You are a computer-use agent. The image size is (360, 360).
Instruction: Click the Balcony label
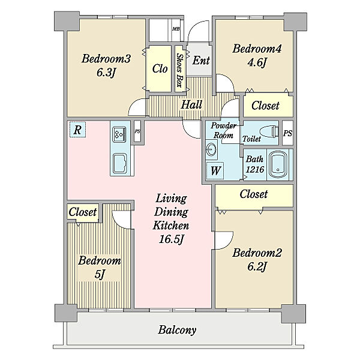[177, 330]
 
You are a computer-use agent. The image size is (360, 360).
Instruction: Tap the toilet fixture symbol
[269, 131]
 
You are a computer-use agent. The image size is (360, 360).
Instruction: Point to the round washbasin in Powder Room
[211, 150]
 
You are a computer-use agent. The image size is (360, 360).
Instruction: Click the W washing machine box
[215, 170]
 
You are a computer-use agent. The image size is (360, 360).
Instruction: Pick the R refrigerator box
[77, 130]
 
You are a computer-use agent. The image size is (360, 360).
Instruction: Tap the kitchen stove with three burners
[119, 135]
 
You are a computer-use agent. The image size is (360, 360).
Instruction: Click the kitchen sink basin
[119, 163]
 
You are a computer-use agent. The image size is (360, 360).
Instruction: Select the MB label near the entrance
[176, 29]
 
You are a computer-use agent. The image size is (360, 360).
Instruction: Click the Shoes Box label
[180, 70]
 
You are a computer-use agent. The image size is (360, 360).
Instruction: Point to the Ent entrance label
[201, 61]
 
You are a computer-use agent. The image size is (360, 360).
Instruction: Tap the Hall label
[191, 104]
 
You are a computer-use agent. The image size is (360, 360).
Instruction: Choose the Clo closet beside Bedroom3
[160, 68]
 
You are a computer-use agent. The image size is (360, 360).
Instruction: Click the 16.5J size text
[171, 239]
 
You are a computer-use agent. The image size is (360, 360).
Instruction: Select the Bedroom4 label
[257, 49]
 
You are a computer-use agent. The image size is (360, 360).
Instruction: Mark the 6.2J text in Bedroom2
[256, 267]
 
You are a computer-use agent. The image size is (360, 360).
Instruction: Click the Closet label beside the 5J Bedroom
[83, 212]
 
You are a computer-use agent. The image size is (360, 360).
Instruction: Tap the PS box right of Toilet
[287, 133]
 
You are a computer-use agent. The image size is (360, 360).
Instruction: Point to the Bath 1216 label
[254, 164]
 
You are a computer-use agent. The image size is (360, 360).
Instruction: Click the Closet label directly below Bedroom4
[265, 106]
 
